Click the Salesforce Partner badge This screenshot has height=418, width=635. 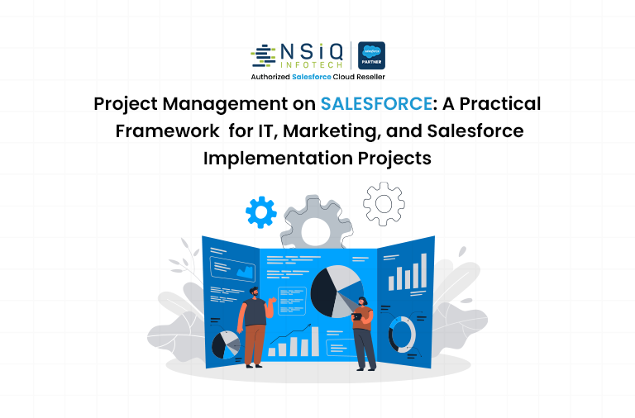[x=371, y=55]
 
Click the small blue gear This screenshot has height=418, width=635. [x=261, y=214]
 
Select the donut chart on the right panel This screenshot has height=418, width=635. [x=403, y=333]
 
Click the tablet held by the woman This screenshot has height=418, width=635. [x=356, y=314]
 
